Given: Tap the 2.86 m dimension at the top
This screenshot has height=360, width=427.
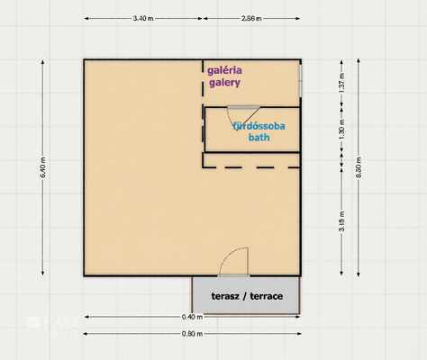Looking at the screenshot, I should coord(253,18).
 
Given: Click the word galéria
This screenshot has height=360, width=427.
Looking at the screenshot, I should coord(225,69).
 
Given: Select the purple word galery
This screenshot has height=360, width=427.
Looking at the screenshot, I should coord(224,83).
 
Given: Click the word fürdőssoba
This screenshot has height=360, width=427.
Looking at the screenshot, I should coord(259,127).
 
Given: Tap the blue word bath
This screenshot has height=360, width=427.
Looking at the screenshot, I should coord(259,139).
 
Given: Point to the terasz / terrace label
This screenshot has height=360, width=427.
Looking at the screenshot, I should coord(247,296).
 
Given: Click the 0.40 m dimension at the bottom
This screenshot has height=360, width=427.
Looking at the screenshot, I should coord(191,317).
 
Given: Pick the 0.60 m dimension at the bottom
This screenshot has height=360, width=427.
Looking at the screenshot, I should coord(191,334).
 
